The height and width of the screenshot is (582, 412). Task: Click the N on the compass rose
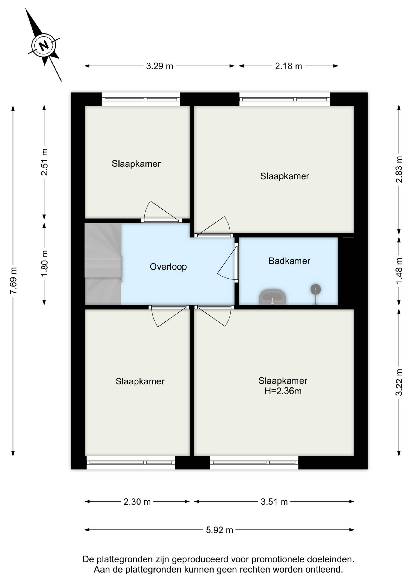point(44,46)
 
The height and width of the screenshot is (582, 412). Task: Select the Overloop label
point(168,267)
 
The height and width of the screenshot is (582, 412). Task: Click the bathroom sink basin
point(273,297)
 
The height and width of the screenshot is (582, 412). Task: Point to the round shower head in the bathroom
point(316,289)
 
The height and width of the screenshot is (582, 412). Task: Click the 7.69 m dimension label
point(13,281)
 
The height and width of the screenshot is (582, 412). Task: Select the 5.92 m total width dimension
point(220,530)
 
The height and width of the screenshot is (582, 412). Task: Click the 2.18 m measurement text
point(288,66)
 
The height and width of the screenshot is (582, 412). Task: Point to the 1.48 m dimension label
point(399,271)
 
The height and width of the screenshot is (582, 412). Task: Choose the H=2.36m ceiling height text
point(283,391)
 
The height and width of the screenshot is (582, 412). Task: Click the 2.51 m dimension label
point(44,162)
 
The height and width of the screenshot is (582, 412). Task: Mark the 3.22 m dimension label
point(399,382)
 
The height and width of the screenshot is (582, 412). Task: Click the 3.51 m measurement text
point(274,502)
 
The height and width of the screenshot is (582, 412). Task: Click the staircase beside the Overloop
point(103,264)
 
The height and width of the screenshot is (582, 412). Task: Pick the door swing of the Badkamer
point(227,264)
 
